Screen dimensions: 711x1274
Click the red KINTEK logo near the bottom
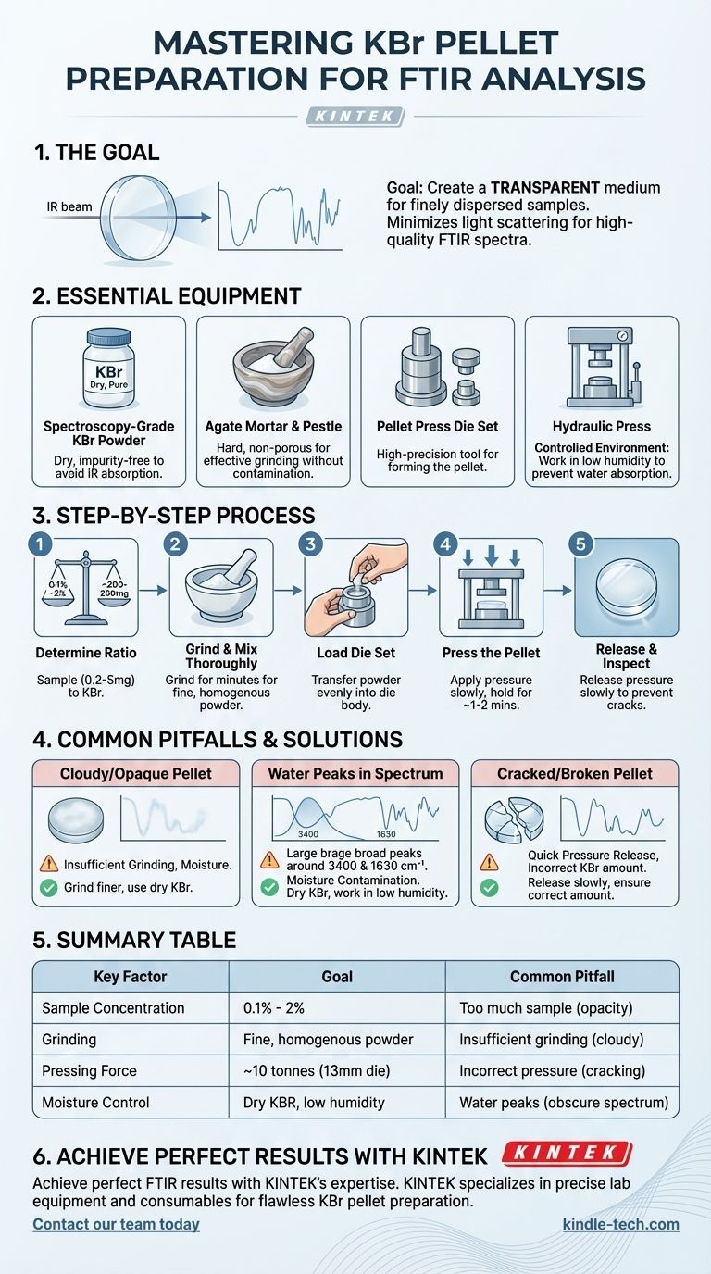pos(568,1153)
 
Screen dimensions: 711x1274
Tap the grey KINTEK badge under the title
pos(355,117)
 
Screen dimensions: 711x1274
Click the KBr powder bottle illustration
pos(108,368)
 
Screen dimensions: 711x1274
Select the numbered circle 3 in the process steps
pos(310,544)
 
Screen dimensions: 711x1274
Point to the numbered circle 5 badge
pos(580,544)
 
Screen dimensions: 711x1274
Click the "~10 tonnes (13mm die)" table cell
pos(317,1071)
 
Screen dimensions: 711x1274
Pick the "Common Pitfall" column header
pos(562,977)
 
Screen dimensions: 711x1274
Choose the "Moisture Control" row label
pos(95,1102)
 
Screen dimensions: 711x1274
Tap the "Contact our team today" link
pos(116,1224)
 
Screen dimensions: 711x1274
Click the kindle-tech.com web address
pos(620,1224)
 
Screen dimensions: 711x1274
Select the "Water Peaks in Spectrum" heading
pos(355,773)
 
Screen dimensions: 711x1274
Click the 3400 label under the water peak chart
pos(308,834)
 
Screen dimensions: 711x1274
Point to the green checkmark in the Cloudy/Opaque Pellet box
pos(49,887)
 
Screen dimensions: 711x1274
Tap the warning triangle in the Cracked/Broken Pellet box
pos(489,863)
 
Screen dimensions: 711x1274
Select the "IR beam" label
pos(69,207)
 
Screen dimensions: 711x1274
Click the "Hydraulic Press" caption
pos(602,427)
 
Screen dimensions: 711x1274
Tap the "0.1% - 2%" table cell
pos(274,1008)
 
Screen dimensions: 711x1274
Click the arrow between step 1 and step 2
pos(153,591)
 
